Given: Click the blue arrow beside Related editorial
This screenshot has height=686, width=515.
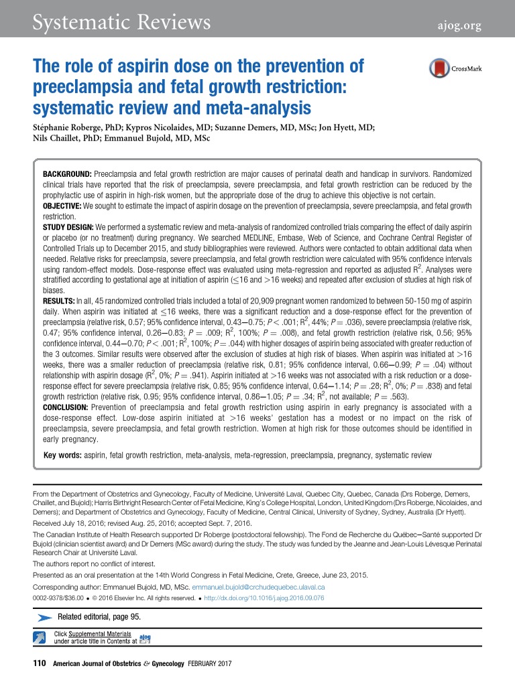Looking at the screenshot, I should (x=42, y=616).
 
